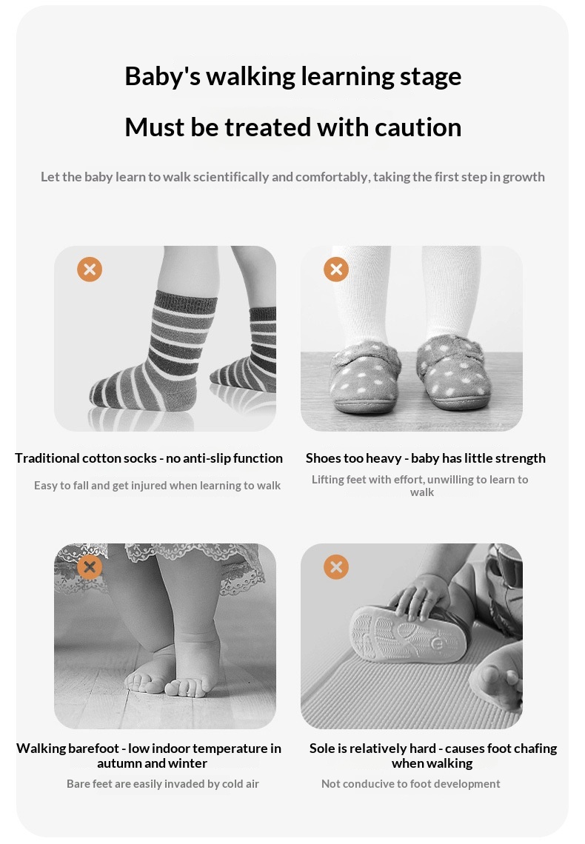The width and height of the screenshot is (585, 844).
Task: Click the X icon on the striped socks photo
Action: point(90,269)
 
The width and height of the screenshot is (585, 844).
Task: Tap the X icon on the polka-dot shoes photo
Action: point(336,269)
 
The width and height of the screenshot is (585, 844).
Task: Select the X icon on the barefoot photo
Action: point(90,567)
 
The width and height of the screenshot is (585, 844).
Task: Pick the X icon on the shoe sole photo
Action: point(336,567)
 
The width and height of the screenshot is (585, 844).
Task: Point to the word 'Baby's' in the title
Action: point(162,76)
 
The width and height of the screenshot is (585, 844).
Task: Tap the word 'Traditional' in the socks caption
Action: point(47,458)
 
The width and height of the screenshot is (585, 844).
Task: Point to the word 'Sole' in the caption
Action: point(322,748)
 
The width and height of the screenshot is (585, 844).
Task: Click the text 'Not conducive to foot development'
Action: point(411,784)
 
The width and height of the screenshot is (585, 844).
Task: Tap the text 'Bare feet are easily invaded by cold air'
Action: point(162,784)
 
